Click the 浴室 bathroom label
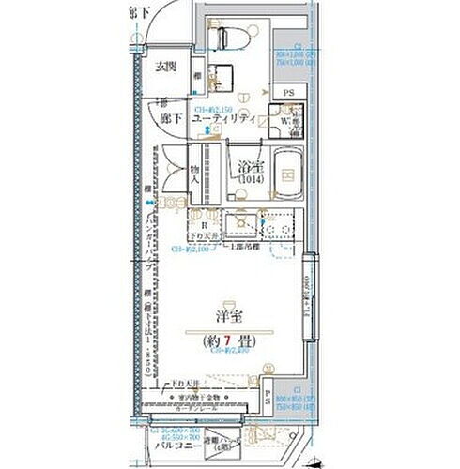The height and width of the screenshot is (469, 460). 248,162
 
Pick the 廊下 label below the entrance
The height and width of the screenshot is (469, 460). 167,120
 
